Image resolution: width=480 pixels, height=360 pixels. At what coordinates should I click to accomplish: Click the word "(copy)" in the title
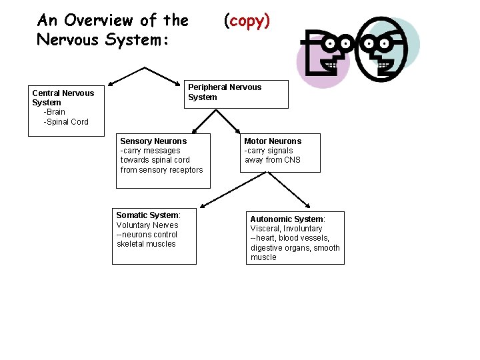[247, 21]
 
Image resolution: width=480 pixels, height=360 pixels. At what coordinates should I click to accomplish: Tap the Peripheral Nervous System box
[237, 94]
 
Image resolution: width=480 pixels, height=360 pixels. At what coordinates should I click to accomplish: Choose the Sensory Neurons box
[161, 157]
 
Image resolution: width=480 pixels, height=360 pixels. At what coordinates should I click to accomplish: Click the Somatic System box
[154, 236]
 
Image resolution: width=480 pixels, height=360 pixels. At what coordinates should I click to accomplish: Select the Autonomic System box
[295, 238]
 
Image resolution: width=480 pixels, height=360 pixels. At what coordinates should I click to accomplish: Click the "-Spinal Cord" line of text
[66, 122]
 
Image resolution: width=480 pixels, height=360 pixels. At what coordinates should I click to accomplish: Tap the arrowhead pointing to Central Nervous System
[111, 83]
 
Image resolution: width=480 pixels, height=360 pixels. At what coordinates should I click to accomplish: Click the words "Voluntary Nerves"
[147, 225]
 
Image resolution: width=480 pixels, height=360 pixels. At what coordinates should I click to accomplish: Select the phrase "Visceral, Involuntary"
[286, 229]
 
